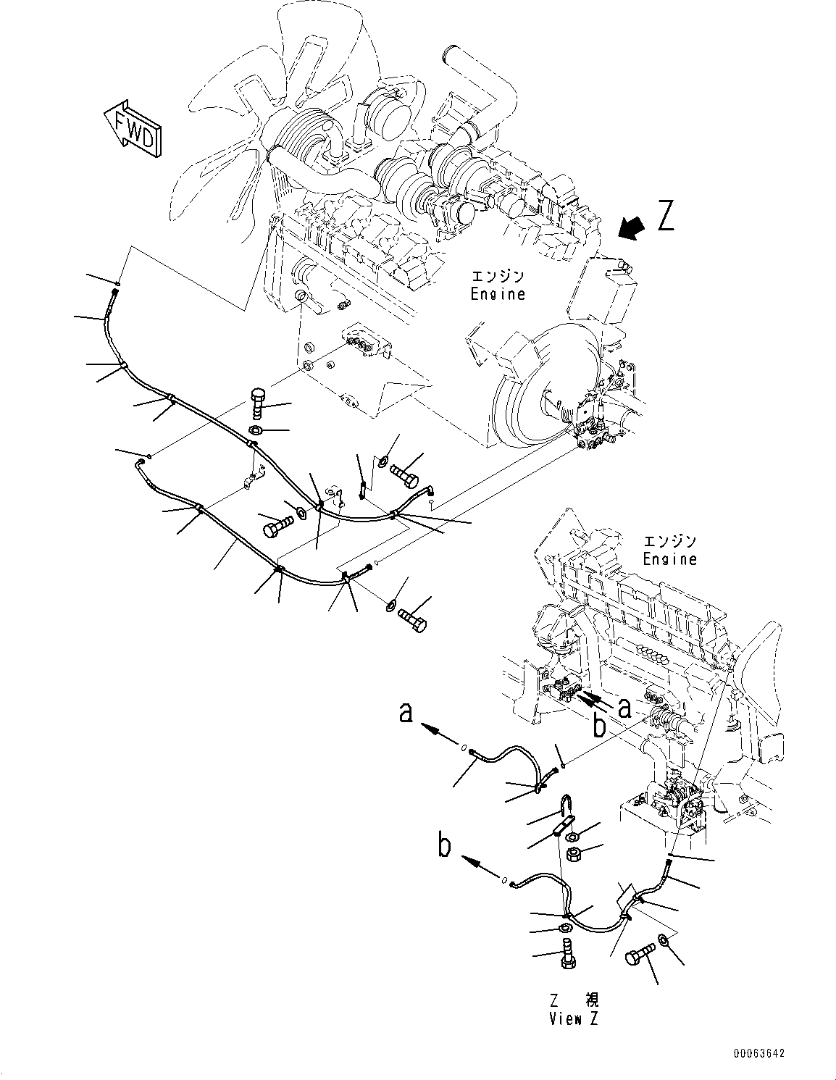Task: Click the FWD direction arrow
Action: (133, 129)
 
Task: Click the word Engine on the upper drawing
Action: (497, 294)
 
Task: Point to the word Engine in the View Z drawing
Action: (669, 558)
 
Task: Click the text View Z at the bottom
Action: (574, 1018)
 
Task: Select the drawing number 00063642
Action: (756, 1054)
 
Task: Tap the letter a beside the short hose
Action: (406, 713)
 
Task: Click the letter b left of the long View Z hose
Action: (444, 846)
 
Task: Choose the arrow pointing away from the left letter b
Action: (479, 862)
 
